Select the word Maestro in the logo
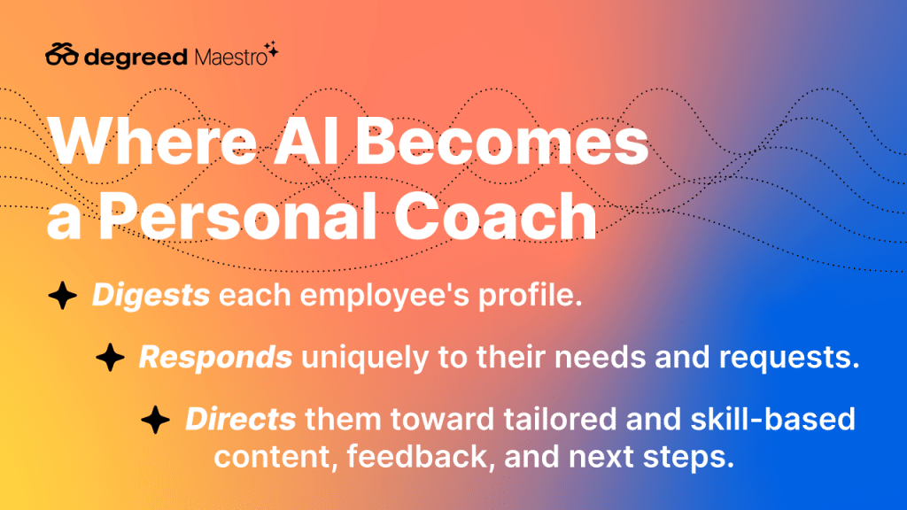click(x=231, y=57)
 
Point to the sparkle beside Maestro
click(x=271, y=50)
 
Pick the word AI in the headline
click(x=306, y=141)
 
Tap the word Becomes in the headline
click(x=501, y=141)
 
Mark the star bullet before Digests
click(x=63, y=295)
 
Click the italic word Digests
click(x=151, y=296)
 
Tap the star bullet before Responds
click(x=110, y=357)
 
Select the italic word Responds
click(x=216, y=358)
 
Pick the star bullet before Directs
click(x=156, y=419)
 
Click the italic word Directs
click(x=241, y=419)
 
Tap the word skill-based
click(x=772, y=419)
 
